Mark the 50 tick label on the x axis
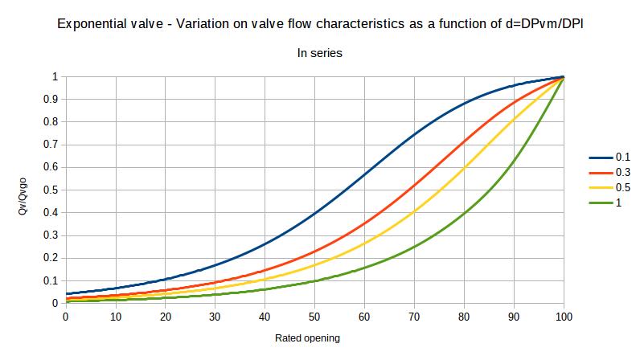tap(315, 317)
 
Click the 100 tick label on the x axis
tap(564, 317)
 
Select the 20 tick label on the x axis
tap(166, 317)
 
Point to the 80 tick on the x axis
tap(465, 317)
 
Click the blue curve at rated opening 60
tap(365, 174)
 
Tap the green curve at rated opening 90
tap(515, 162)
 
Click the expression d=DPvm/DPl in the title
tap(538, 25)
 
